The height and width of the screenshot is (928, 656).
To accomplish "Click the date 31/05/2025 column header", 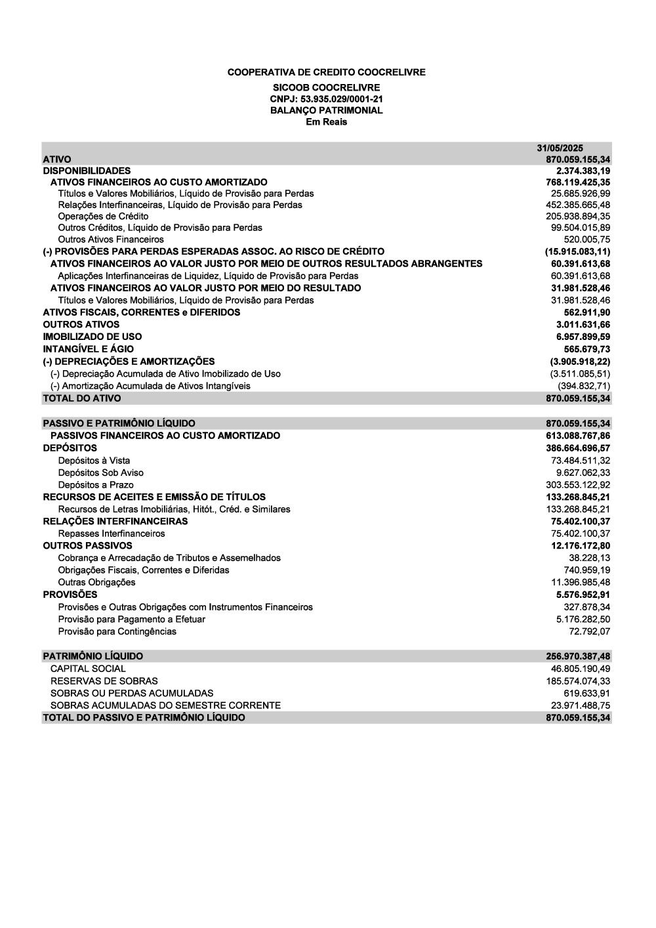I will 560,148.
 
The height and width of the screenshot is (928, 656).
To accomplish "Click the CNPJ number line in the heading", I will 326,99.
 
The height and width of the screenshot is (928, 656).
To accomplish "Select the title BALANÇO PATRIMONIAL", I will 326,110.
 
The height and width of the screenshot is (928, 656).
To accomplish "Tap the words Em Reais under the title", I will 326,122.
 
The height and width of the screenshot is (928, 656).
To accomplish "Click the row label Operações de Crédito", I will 103,217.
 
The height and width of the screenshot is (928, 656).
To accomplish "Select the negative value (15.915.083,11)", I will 577,251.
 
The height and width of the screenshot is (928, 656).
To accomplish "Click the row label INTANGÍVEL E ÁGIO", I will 88,349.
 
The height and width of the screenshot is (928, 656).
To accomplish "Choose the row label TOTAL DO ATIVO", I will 81,398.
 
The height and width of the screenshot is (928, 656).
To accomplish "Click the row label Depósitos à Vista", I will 94,461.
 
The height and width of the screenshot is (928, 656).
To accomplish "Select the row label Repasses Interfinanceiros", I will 112,534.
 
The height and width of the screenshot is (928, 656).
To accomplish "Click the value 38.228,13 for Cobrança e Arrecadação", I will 589,558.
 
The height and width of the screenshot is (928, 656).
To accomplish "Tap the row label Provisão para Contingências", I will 117,631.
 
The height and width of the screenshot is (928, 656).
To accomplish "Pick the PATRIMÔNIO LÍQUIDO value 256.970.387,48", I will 578,656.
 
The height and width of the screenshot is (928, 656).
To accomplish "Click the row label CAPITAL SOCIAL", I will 88,669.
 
